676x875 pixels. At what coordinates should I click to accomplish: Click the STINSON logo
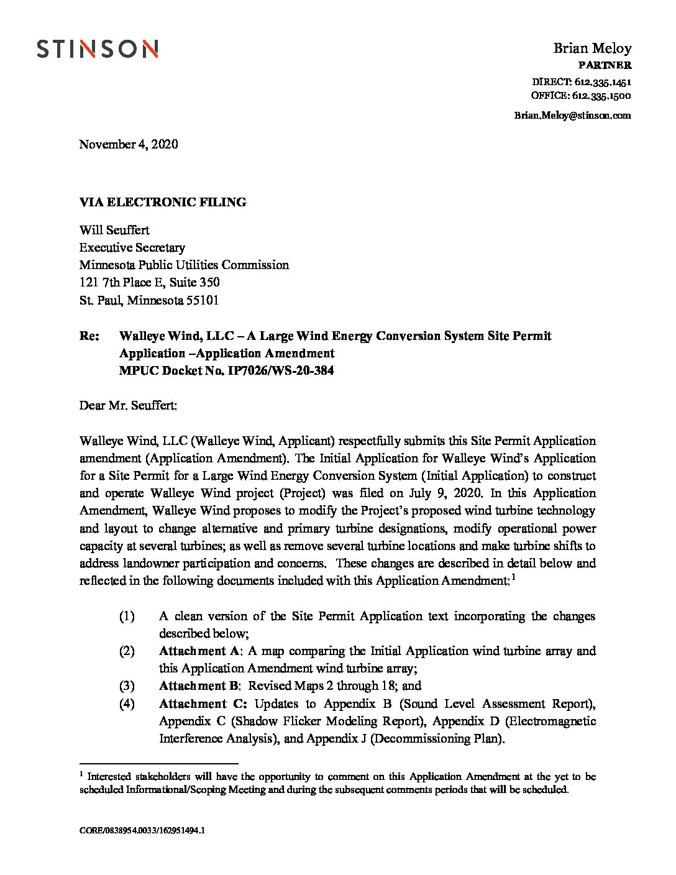point(97,48)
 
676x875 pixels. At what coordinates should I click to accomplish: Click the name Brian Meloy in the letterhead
point(592,48)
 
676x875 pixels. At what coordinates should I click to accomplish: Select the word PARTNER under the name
point(605,65)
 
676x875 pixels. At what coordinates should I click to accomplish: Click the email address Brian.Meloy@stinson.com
point(572,115)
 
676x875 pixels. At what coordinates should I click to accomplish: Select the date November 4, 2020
point(129,144)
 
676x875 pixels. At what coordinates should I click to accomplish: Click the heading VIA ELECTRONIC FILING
point(163,202)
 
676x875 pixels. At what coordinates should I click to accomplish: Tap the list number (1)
point(127,616)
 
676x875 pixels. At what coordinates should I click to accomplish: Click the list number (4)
point(127,704)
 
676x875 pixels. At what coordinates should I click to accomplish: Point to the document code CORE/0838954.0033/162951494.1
point(142,847)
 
